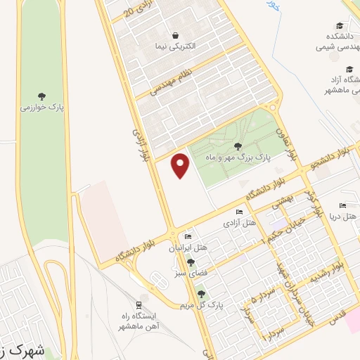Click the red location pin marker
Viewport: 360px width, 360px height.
[x=181, y=165]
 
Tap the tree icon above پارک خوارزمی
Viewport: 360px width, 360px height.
[x=42, y=96]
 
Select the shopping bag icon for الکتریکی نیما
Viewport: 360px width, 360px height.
[x=174, y=34]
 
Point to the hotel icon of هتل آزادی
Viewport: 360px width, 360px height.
[x=240, y=212]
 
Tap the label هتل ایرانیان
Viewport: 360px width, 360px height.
[x=187, y=248]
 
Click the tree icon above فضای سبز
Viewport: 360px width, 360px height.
[x=190, y=262]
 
